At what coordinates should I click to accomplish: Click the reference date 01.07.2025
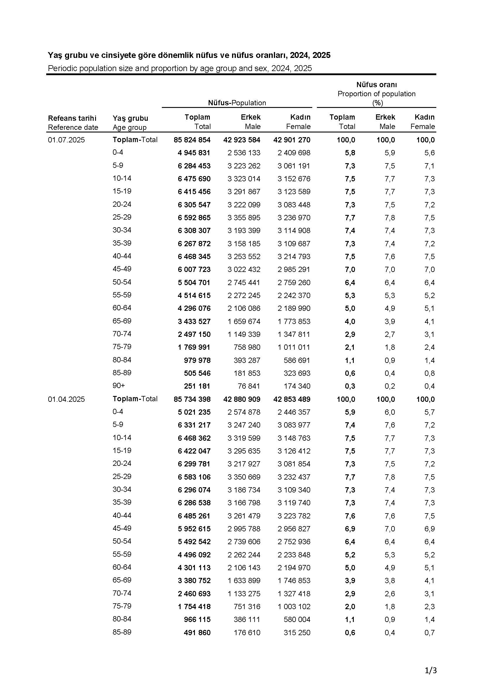click(x=66, y=140)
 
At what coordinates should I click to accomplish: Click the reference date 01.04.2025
click(x=66, y=399)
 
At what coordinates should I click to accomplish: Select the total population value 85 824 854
click(x=192, y=140)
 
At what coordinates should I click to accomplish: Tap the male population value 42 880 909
click(x=242, y=399)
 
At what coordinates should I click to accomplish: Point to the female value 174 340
click(x=297, y=386)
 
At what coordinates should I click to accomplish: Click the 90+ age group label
click(x=119, y=385)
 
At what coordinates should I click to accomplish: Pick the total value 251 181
click(x=197, y=386)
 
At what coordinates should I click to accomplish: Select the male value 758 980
click(x=247, y=347)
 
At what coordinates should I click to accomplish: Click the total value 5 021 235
click(x=194, y=412)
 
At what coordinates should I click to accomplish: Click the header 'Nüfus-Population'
click(x=237, y=103)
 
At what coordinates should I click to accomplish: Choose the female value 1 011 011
click(x=294, y=347)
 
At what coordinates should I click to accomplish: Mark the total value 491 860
click(x=197, y=633)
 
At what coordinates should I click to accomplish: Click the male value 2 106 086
click(x=244, y=308)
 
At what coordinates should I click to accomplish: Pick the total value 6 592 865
click(x=194, y=218)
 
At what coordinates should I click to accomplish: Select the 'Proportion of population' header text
click(x=376, y=94)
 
